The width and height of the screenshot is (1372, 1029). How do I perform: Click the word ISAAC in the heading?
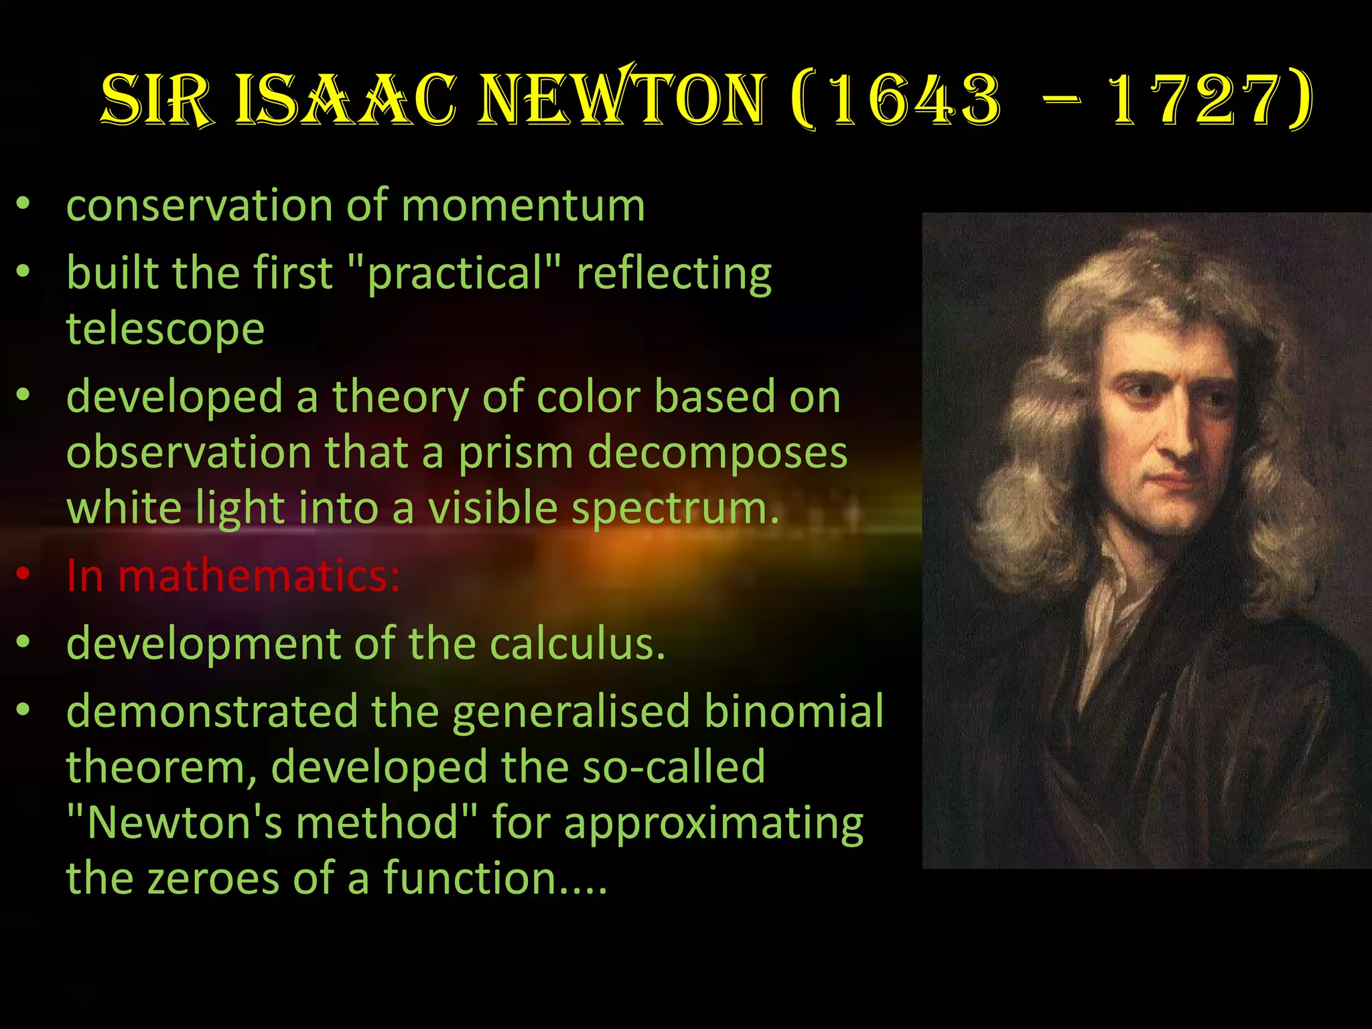pos(346,100)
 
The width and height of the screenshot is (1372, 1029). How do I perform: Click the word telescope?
pos(165,330)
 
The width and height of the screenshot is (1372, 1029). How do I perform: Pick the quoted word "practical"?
pos(455,273)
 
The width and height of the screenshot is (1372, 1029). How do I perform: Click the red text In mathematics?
pos(233,575)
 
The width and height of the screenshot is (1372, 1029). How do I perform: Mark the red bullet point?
pos(23,574)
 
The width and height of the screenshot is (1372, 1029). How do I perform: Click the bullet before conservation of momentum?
pos(23,204)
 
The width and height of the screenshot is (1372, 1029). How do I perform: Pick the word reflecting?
pos(674,273)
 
